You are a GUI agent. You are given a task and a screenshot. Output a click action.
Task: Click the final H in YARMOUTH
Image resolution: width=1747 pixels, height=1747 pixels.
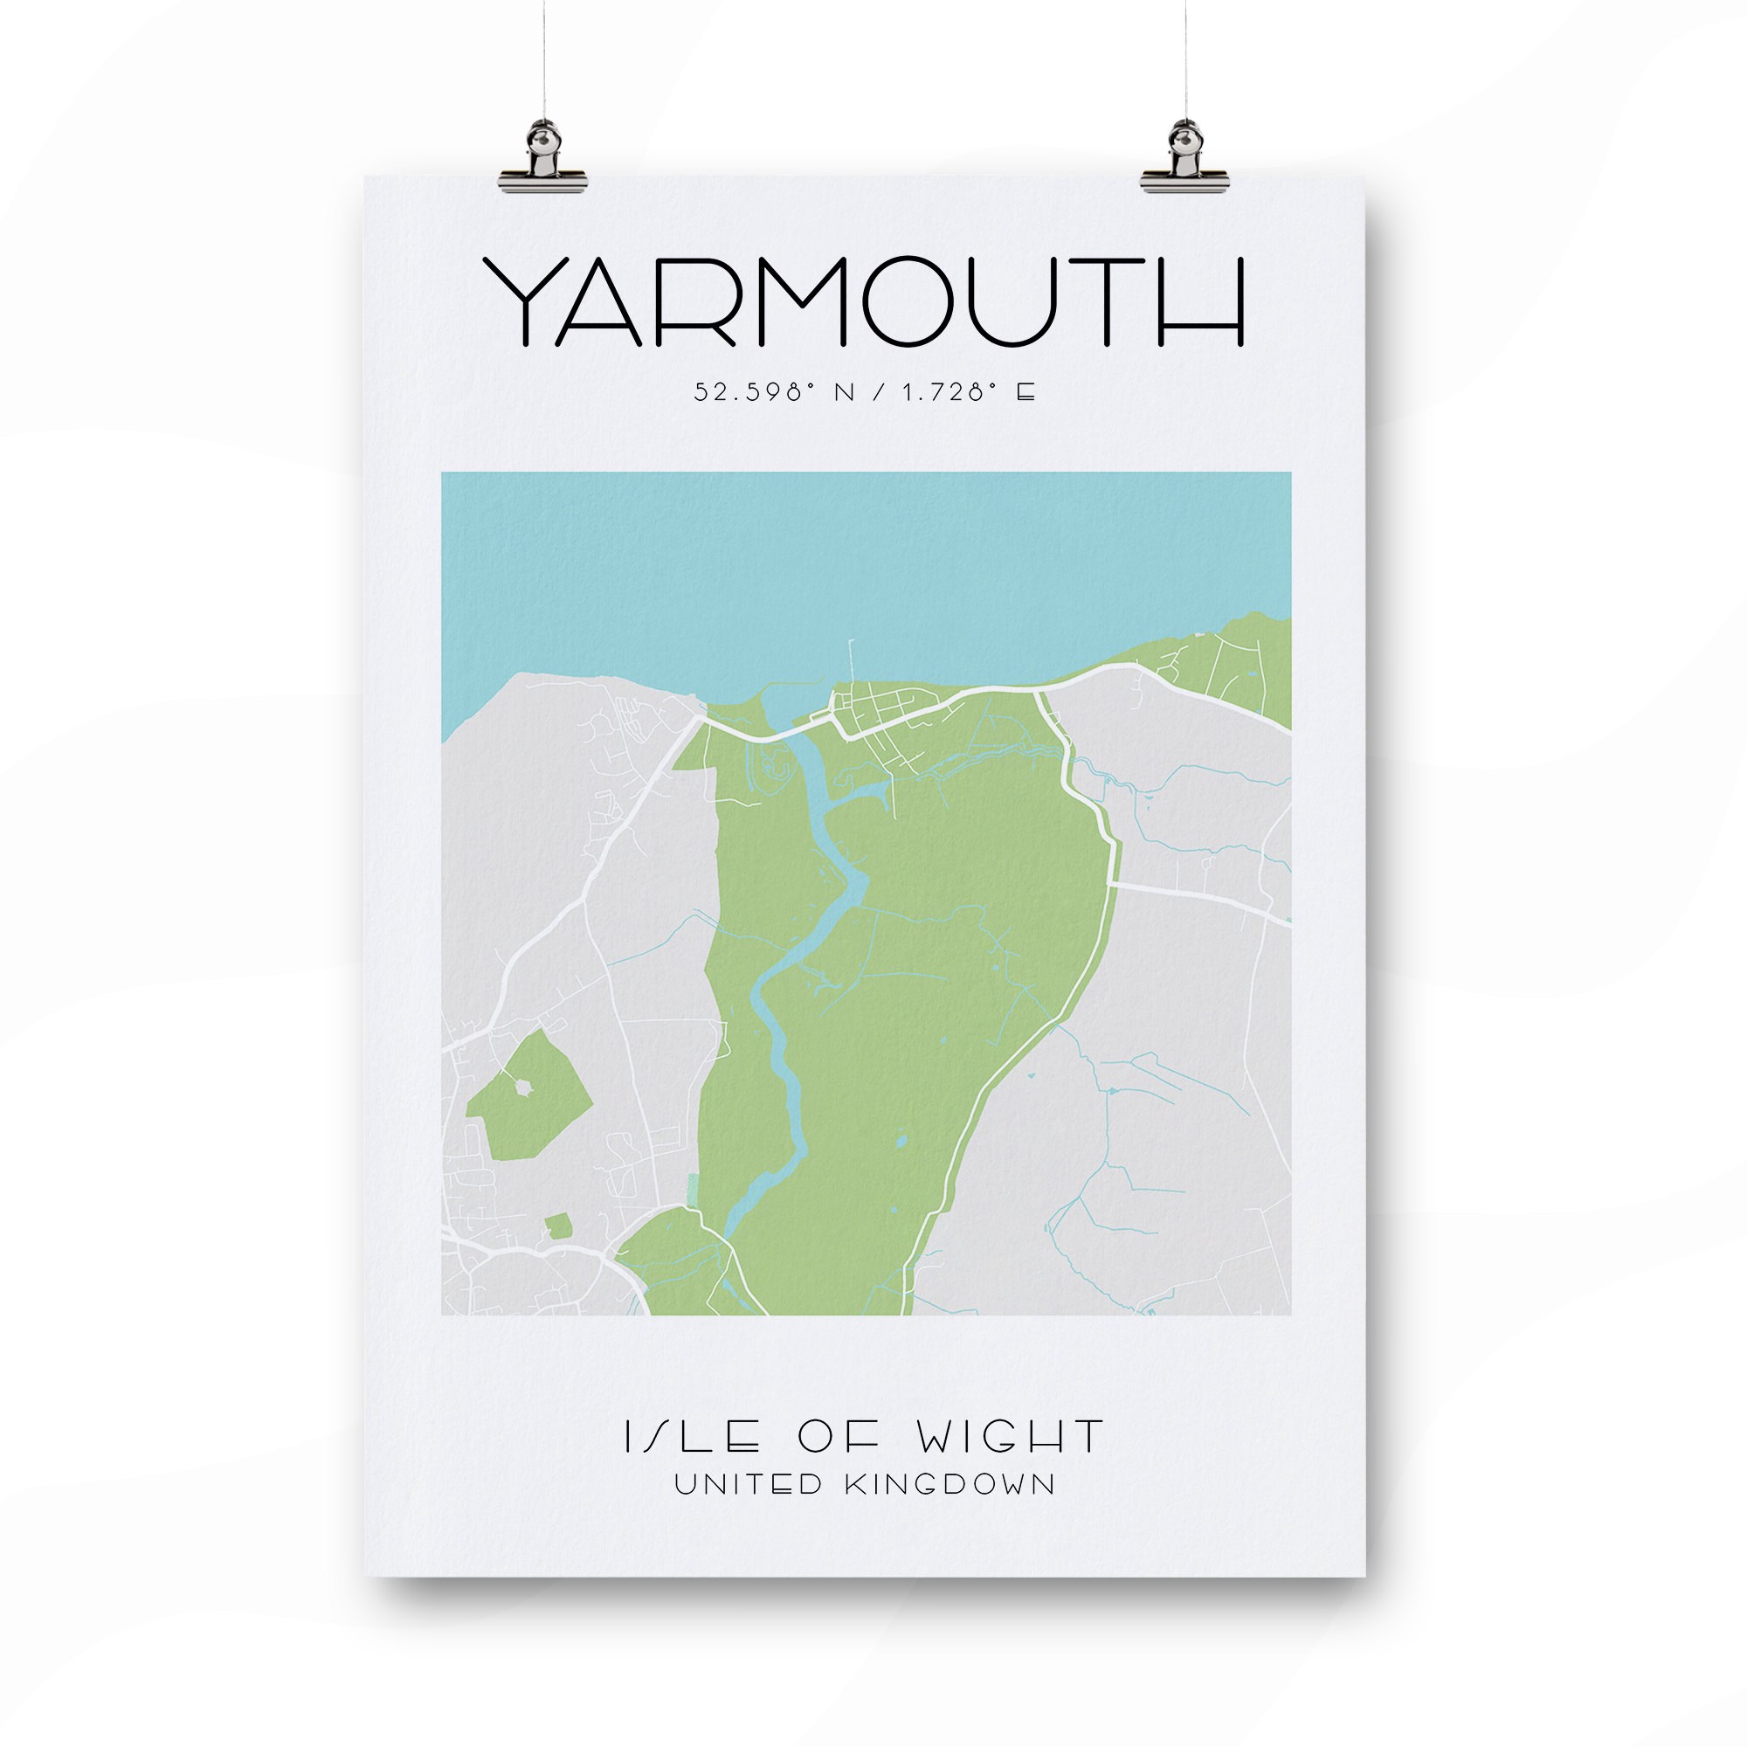pos(1201,302)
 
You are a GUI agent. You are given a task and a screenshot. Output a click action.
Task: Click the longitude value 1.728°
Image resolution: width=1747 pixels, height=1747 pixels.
pos(949,392)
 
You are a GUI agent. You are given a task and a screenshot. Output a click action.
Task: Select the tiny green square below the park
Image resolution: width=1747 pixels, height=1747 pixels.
pos(559,1226)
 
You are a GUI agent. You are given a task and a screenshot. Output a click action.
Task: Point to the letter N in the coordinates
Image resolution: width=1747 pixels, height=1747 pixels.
pos(845,392)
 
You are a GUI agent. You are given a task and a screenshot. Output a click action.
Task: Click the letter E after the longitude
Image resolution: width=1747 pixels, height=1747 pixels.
pos(1025,392)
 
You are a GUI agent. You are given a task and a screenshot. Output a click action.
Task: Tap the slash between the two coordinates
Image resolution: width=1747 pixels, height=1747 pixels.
pos(879,392)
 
